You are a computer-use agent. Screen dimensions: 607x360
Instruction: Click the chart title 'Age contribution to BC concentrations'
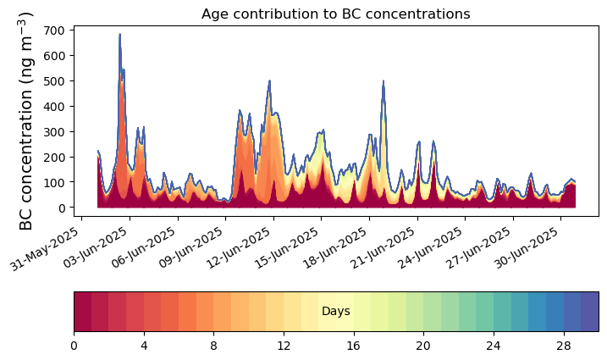coord(335,14)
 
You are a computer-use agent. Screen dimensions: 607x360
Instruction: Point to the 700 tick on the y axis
coord(72,30)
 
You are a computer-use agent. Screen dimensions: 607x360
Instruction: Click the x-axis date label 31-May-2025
coord(45,249)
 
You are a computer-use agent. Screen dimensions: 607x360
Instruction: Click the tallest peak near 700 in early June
coord(120,35)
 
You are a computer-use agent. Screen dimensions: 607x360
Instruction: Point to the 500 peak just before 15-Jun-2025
coord(269,81)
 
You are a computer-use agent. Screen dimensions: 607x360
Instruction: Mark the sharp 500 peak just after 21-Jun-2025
coord(384,81)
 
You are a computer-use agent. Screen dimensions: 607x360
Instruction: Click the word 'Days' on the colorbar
coord(335,311)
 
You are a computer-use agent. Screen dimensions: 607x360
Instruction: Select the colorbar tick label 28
coord(564,346)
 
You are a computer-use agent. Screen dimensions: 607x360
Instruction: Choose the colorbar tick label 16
coord(354,346)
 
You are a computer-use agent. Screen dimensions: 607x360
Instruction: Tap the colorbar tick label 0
coord(74,346)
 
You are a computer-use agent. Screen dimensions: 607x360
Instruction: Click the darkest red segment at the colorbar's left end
coord(82,312)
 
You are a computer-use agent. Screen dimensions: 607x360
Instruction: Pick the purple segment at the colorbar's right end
coord(589,312)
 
